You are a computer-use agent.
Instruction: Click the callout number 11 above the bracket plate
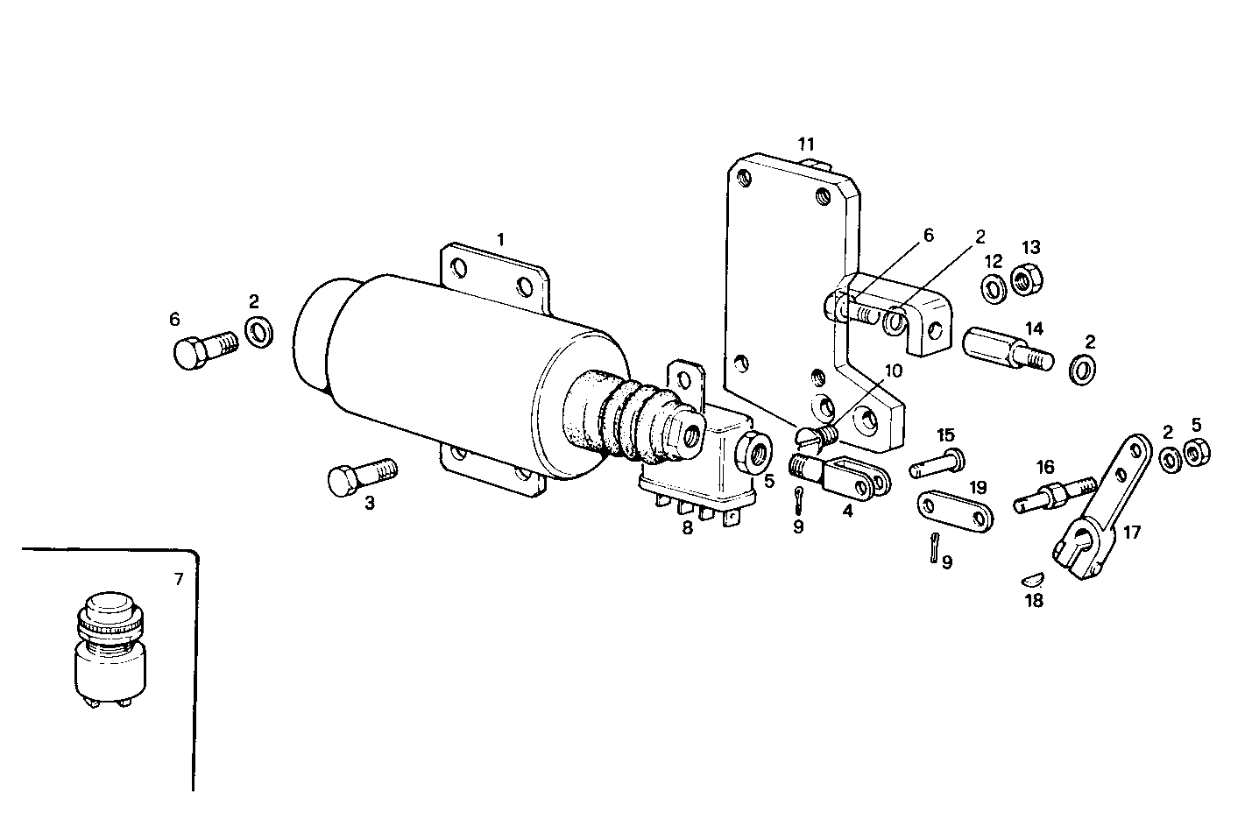[x=806, y=143]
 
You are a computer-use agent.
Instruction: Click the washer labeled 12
[x=994, y=288]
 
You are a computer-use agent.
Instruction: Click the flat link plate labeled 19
[x=955, y=513]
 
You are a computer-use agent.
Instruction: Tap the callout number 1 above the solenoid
[x=500, y=239]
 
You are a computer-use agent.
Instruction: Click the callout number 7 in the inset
[x=178, y=579]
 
